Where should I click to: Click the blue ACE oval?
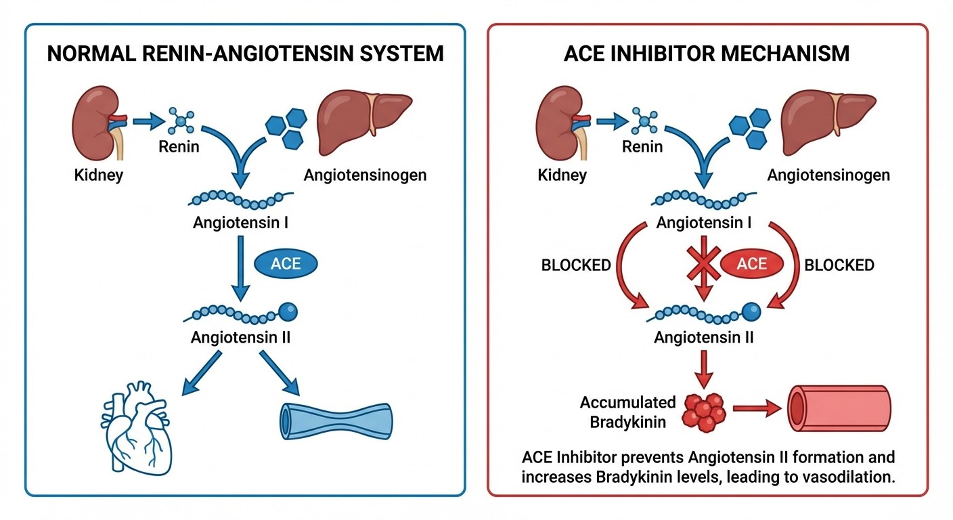[x=286, y=264]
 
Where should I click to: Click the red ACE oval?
[x=751, y=264]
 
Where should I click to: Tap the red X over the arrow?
[x=703, y=263]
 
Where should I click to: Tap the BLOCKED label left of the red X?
[x=576, y=265]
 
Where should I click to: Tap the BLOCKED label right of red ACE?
[x=839, y=265]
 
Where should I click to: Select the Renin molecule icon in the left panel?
[x=180, y=121]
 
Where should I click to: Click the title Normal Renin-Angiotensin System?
[x=245, y=53]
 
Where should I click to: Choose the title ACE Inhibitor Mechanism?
[x=707, y=53]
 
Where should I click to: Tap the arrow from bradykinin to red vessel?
[x=757, y=409]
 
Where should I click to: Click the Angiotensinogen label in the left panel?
[x=365, y=175]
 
